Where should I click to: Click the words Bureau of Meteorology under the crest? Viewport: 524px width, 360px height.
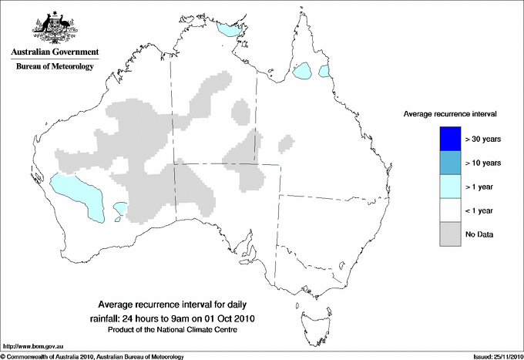click(x=55, y=67)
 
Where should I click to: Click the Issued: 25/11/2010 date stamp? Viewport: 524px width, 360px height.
click(x=492, y=355)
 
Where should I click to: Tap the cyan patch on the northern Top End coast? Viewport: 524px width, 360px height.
click(x=227, y=30)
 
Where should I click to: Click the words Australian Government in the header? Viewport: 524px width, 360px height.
click(x=55, y=52)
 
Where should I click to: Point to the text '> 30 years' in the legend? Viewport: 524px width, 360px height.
click(x=483, y=140)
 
